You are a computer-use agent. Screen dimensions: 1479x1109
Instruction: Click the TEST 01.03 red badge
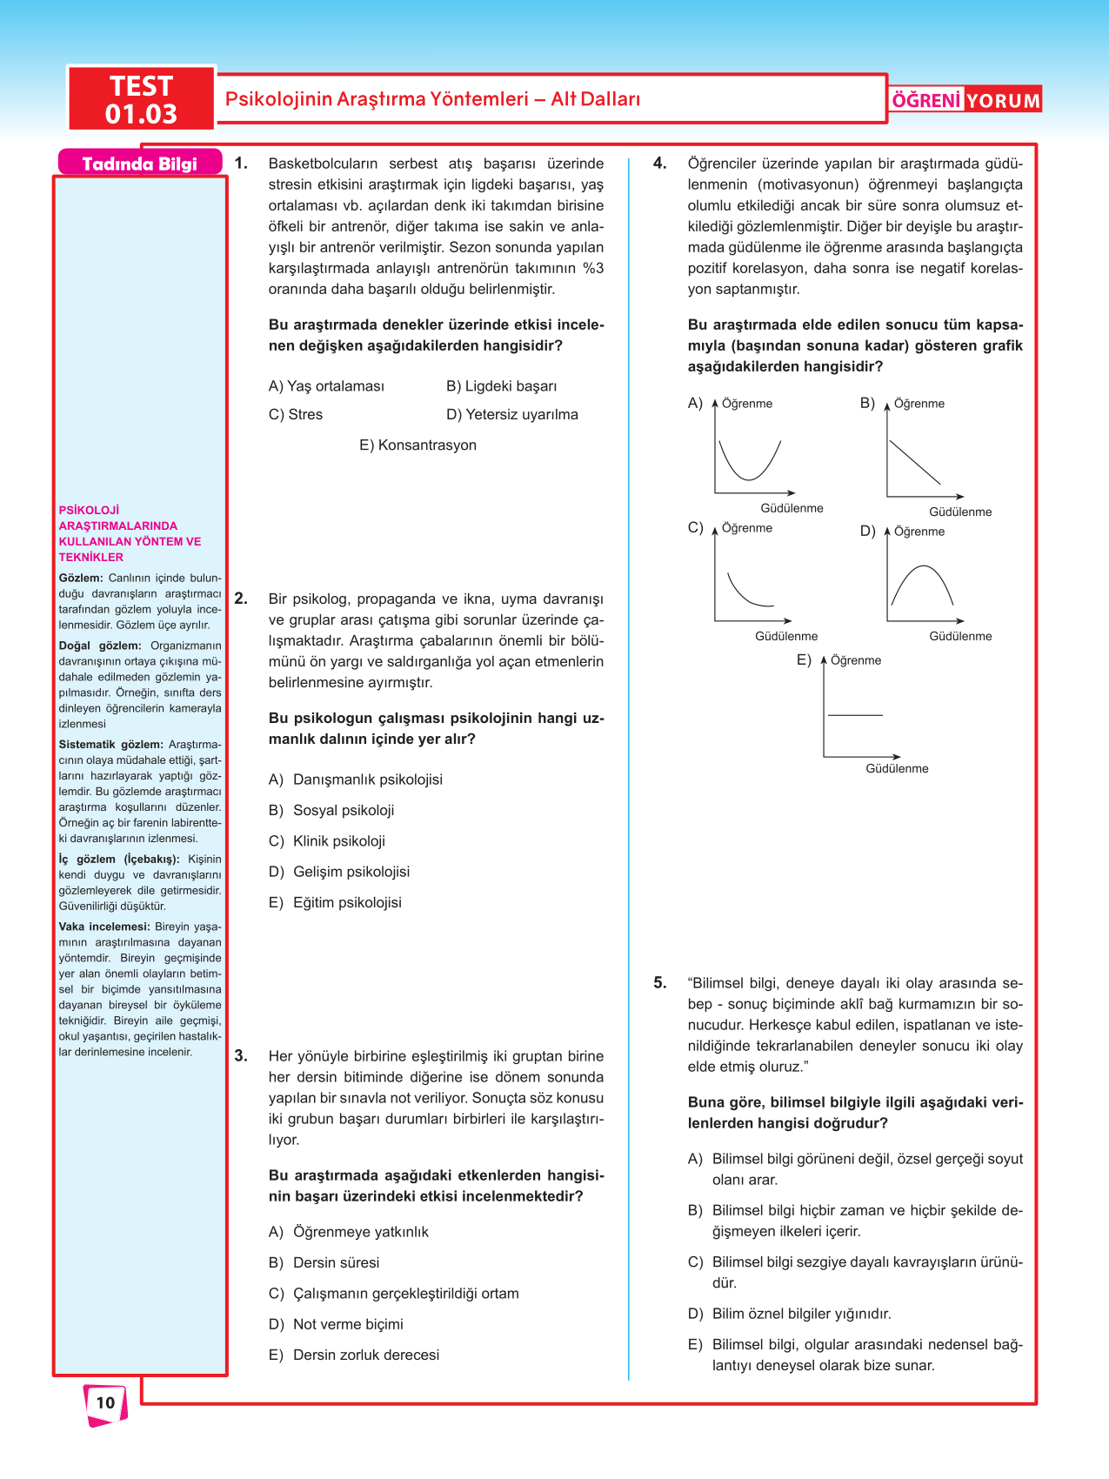141,99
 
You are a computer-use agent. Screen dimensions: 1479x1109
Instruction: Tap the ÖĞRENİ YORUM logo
965,100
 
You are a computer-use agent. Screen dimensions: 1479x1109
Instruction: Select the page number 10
105,1402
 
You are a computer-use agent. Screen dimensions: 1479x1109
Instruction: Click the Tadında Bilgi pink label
139,164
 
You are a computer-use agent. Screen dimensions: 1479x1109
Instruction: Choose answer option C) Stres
296,415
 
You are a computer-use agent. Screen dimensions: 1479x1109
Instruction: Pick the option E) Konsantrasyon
418,445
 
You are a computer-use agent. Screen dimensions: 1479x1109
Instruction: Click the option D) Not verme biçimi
336,1324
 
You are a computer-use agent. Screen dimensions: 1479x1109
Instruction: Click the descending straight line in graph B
914,462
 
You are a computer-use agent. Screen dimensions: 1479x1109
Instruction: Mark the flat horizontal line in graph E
855,715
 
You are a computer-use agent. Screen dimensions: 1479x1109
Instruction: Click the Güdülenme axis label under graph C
786,636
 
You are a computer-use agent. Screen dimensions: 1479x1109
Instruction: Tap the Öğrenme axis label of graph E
856,660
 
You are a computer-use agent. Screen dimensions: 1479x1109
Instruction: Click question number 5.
660,983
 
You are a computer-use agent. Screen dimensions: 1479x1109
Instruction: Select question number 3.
241,1056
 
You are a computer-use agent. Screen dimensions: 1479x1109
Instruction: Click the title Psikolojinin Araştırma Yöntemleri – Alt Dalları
432,99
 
